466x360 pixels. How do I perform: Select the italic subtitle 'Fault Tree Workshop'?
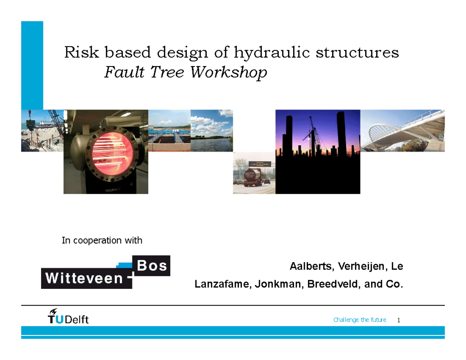tap(186, 72)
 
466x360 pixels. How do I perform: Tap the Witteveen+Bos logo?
tap(106, 272)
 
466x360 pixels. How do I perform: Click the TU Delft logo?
tap(68, 316)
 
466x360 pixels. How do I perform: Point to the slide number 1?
tap(398, 320)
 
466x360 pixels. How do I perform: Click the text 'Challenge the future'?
tap(360, 320)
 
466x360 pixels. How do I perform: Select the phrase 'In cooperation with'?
tap(102, 241)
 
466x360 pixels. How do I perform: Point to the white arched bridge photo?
tap(402, 131)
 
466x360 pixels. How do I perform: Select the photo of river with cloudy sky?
tap(212, 131)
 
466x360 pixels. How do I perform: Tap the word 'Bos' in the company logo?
tap(152, 266)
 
